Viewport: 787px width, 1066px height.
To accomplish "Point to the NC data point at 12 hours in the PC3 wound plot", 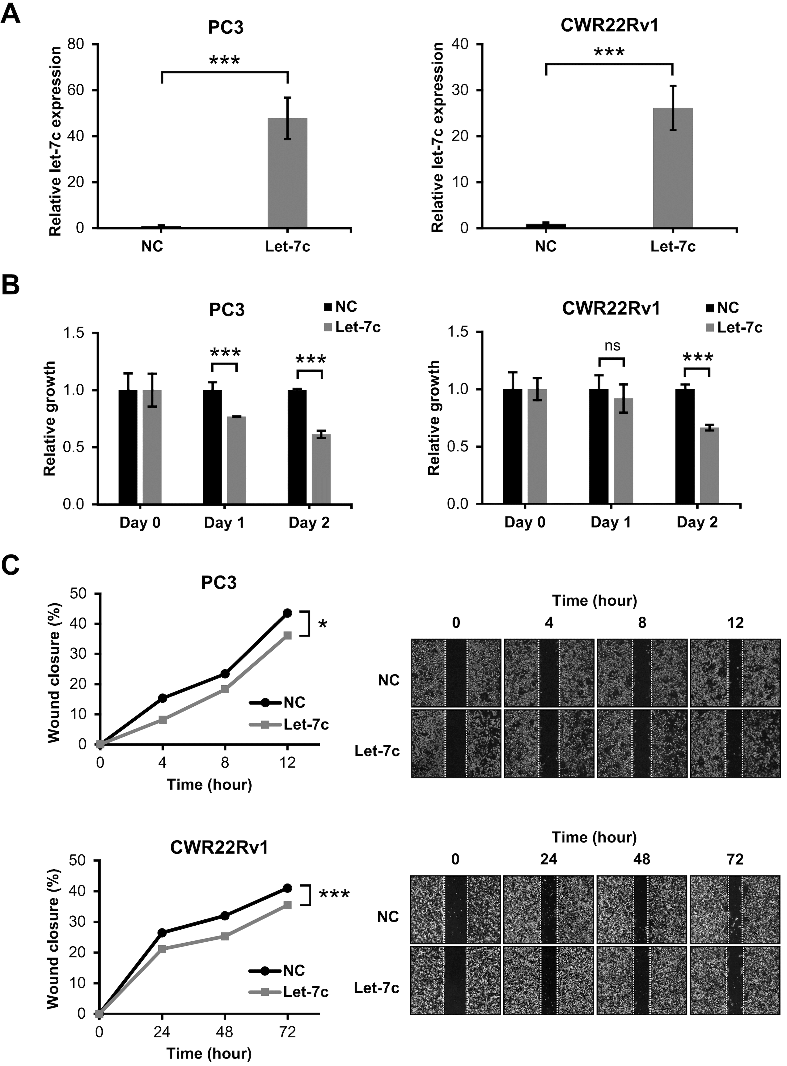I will coord(287,613).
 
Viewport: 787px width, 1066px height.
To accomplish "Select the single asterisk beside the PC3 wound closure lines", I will coord(323,624).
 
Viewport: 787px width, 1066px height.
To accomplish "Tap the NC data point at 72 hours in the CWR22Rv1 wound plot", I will coord(287,888).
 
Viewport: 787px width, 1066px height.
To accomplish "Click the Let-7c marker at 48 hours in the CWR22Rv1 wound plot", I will coord(225,936).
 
